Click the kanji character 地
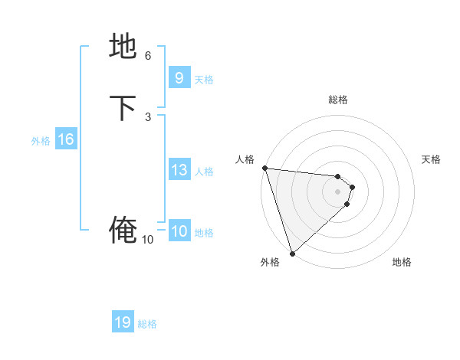tap(123, 46)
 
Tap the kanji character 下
tap(123, 107)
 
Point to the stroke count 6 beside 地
tap(148, 56)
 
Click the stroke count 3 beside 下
tap(148, 116)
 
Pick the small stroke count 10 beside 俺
tap(148, 240)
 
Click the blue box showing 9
tap(179, 78)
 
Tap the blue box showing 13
tap(179, 170)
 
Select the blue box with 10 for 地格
tap(179, 231)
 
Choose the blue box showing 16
tap(66, 139)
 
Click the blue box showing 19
tap(123, 322)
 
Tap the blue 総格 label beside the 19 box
tap(147, 324)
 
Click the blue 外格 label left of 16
tap(41, 141)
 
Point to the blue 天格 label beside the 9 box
tap(204, 80)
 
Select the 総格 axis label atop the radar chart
tap(337, 100)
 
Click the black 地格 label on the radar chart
tap(402, 262)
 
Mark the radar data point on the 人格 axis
tap(264, 168)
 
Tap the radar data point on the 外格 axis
tap(292, 253)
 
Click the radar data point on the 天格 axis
tap(352, 186)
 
